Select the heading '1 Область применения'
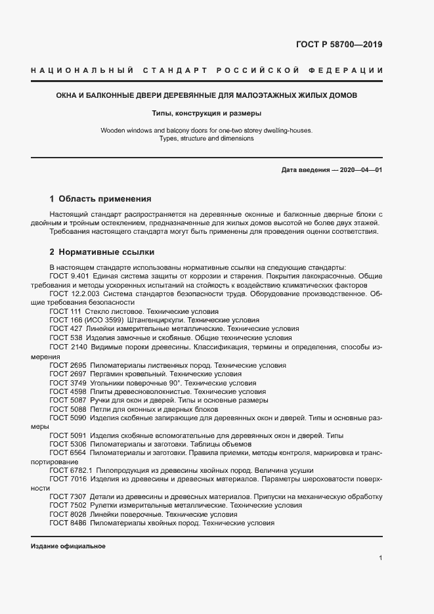click(x=100, y=198)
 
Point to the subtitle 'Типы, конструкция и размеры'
click(x=207, y=112)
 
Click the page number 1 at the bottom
click(x=381, y=558)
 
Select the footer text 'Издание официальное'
click(x=68, y=546)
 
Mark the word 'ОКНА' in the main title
click(x=68, y=95)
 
